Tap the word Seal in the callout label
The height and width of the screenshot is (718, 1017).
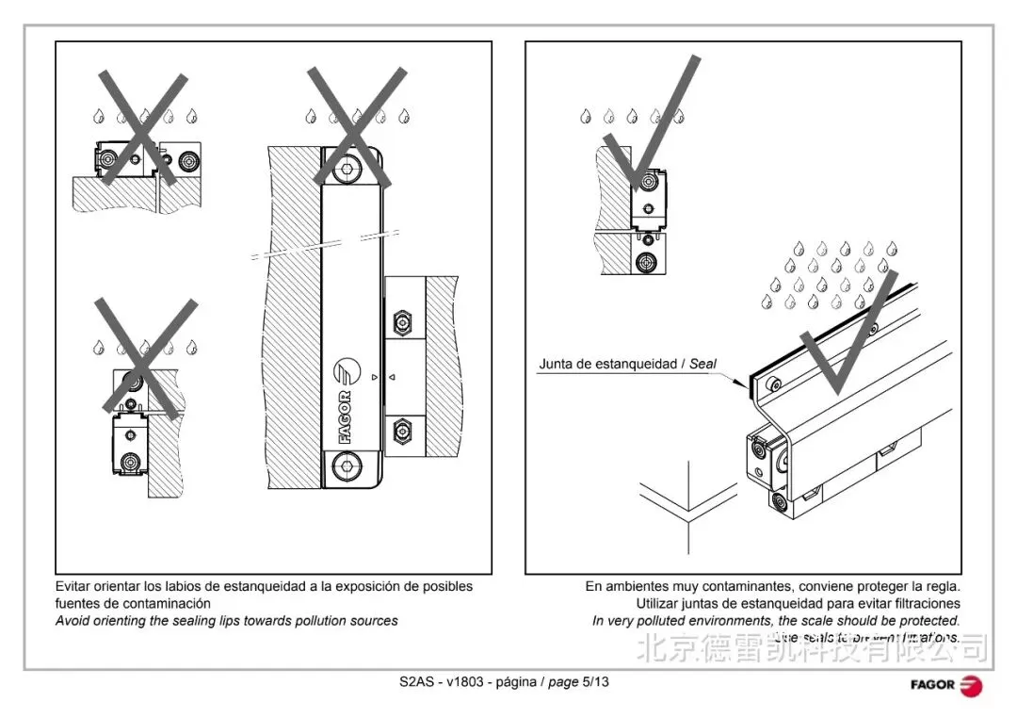703,364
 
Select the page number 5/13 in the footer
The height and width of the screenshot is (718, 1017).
595,681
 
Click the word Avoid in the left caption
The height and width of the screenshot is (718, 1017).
73,620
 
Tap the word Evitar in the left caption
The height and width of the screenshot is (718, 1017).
73,586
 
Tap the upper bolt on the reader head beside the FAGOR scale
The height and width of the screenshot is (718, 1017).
403,323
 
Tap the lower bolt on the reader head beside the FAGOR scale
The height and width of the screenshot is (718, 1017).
403,432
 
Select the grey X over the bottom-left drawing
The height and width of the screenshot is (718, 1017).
146,358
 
